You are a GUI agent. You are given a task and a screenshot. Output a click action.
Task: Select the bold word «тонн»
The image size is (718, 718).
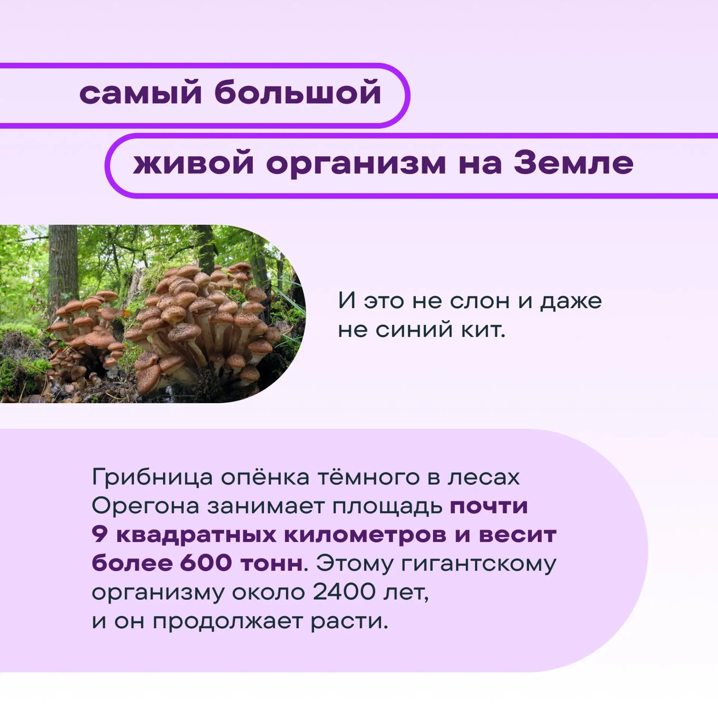271,564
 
